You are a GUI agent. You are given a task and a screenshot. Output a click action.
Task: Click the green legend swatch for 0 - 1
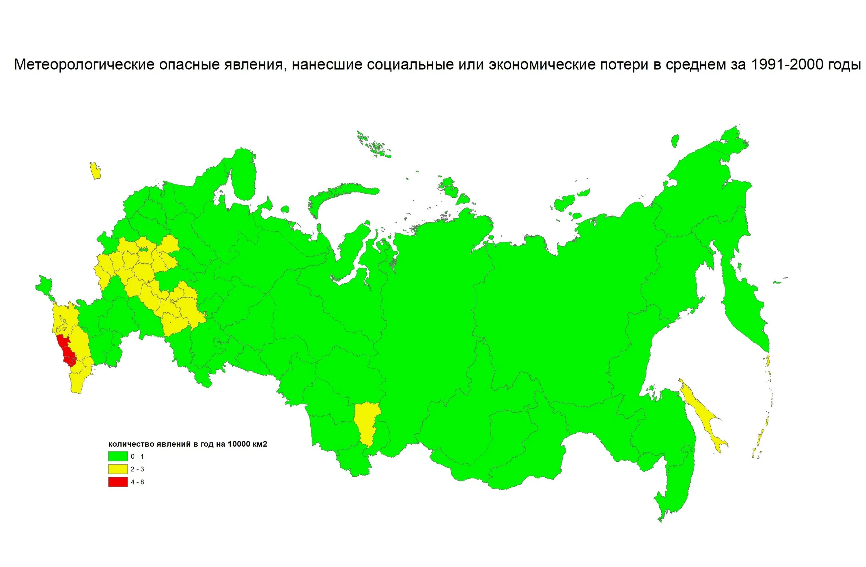pos(117,456)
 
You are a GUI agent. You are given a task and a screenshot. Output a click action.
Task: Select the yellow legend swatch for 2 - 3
pos(117,469)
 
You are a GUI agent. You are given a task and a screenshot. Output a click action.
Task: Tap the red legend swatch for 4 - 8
pos(117,482)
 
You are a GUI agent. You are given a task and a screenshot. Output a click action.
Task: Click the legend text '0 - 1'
pos(137,456)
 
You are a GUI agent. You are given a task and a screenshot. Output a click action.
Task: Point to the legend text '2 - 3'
pos(137,469)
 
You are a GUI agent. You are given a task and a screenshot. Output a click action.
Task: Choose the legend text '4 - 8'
pos(137,482)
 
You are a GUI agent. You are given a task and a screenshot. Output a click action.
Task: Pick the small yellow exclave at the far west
pos(95,171)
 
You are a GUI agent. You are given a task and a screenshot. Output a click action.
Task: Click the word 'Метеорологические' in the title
pos(84,64)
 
